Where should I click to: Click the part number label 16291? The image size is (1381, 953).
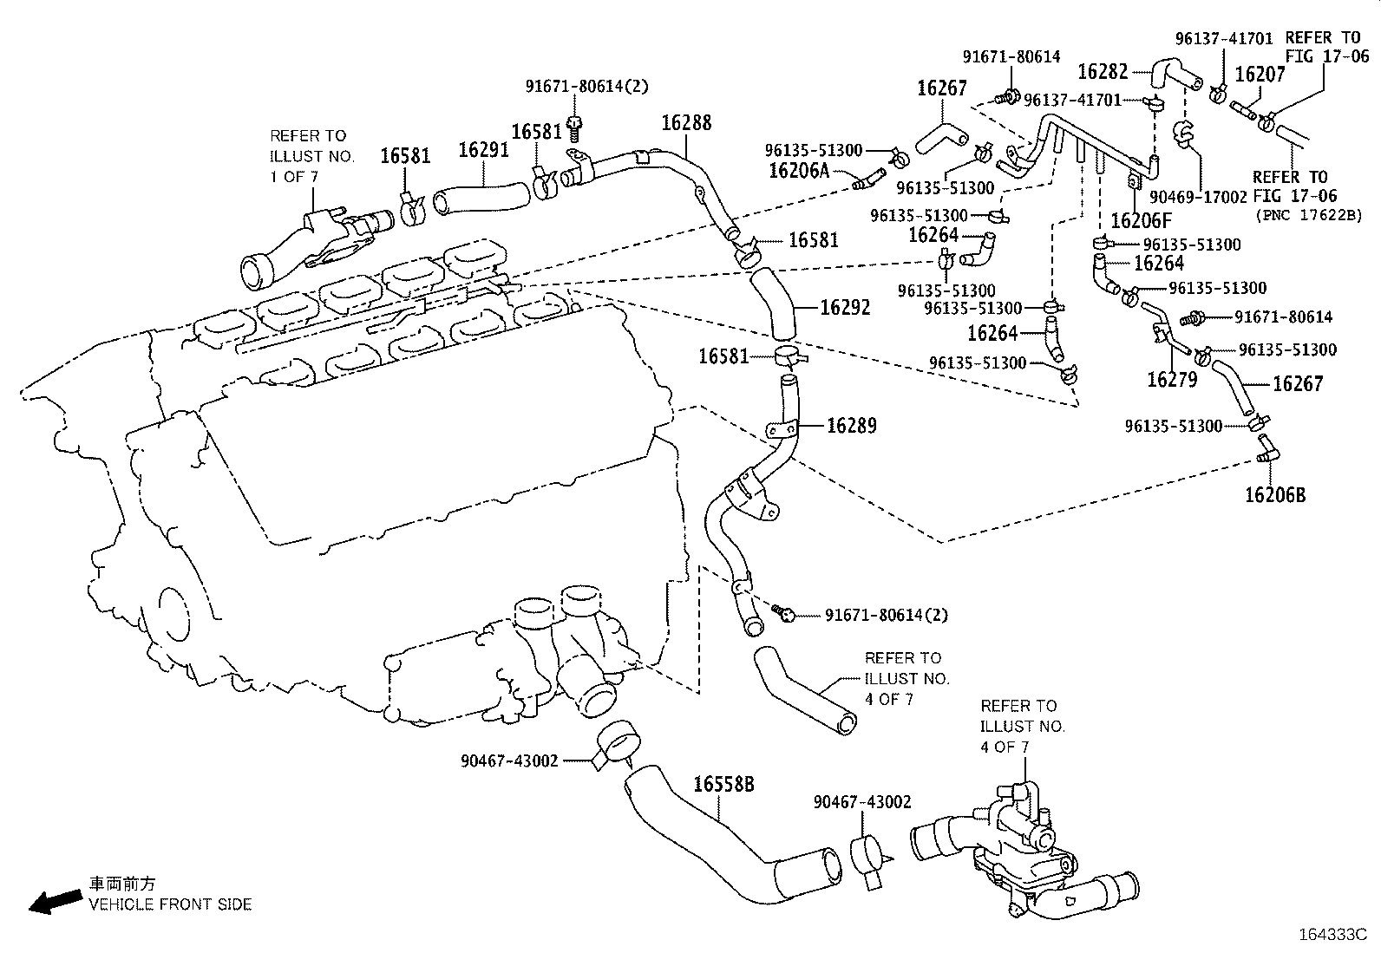pyautogui.click(x=483, y=150)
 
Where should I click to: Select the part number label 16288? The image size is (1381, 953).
pyautogui.click(x=686, y=123)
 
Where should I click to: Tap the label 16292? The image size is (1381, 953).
pyautogui.click(x=844, y=308)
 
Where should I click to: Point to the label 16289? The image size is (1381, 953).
pyautogui.click(x=851, y=426)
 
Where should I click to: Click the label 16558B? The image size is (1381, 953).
pyautogui.click(x=723, y=785)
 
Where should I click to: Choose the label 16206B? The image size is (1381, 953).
pyautogui.click(x=1274, y=495)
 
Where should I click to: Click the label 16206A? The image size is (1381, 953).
pyautogui.click(x=799, y=171)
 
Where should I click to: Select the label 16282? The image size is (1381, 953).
pyautogui.click(x=1103, y=71)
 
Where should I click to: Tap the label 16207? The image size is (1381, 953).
pyautogui.click(x=1260, y=75)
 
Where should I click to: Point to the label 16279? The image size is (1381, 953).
pyautogui.click(x=1172, y=379)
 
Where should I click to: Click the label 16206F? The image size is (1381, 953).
pyautogui.click(x=1141, y=220)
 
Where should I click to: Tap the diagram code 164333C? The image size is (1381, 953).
pyautogui.click(x=1332, y=935)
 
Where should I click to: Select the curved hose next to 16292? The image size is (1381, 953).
pyautogui.click(x=773, y=305)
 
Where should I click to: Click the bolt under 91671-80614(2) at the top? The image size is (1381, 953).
pyautogui.click(x=573, y=126)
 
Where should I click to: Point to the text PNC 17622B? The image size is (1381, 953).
pyautogui.click(x=1309, y=214)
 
